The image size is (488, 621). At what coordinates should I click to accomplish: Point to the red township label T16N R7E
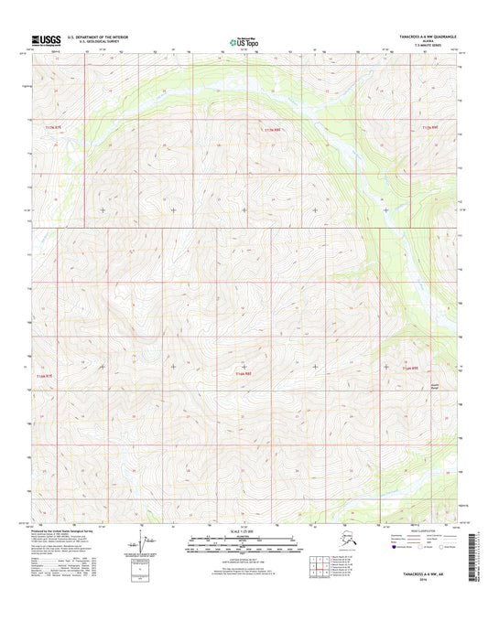pos(45,375)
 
